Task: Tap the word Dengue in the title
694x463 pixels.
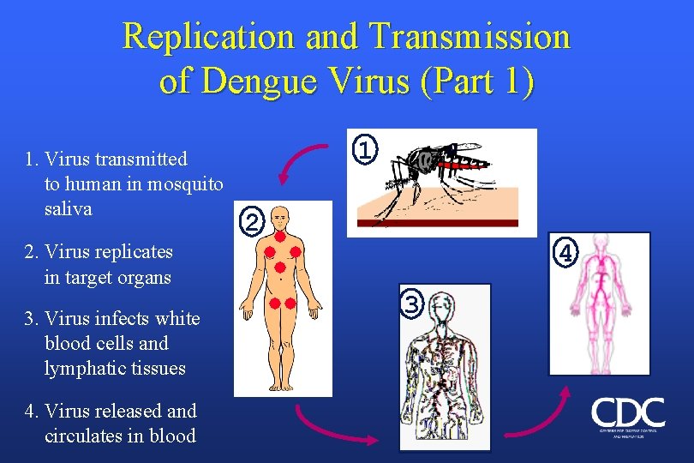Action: coord(287,81)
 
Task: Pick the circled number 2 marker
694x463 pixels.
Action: coord(251,223)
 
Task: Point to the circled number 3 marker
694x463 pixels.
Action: coord(413,304)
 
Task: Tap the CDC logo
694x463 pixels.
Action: coord(627,415)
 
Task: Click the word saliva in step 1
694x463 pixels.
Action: coord(69,209)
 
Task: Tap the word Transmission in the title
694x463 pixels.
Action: coord(470,37)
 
